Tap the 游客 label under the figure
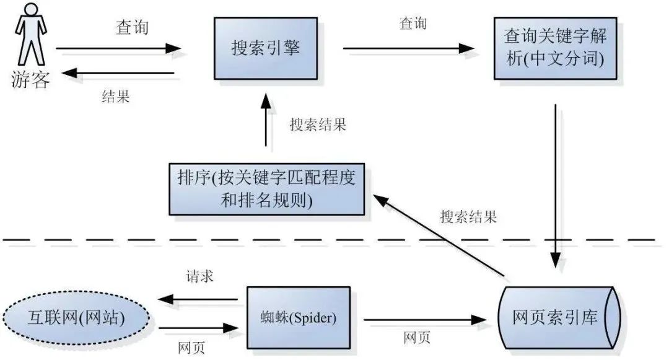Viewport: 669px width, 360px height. click(x=30, y=79)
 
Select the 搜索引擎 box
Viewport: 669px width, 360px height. click(x=266, y=48)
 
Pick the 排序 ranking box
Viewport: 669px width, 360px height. click(x=266, y=189)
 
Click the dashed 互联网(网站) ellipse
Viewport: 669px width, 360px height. click(x=76, y=318)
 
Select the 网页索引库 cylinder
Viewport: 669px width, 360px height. click(x=556, y=318)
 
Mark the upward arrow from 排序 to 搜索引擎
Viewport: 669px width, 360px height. click(x=266, y=121)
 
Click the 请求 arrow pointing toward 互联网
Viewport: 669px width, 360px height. click(x=198, y=300)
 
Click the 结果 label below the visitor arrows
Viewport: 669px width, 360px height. click(x=116, y=97)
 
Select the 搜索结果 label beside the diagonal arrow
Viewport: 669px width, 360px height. click(x=468, y=217)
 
